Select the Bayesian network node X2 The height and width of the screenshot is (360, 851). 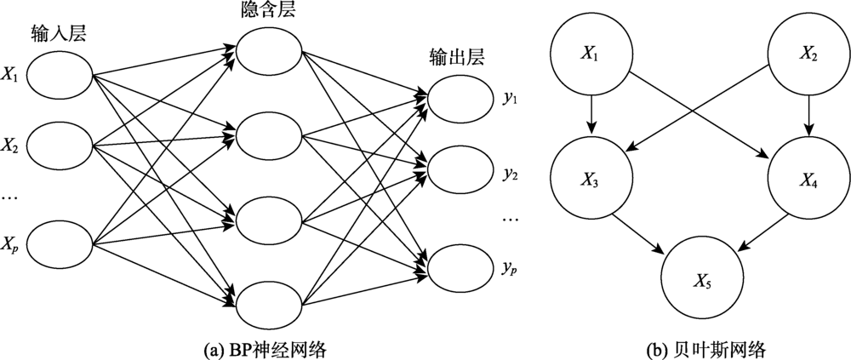[x=807, y=54]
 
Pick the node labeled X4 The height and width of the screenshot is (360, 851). [x=807, y=180]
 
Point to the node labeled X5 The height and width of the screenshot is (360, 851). [x=702, y=280]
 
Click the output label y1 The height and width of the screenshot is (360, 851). [x=511, y=99]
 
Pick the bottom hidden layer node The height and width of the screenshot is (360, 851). [x=268, y=302]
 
